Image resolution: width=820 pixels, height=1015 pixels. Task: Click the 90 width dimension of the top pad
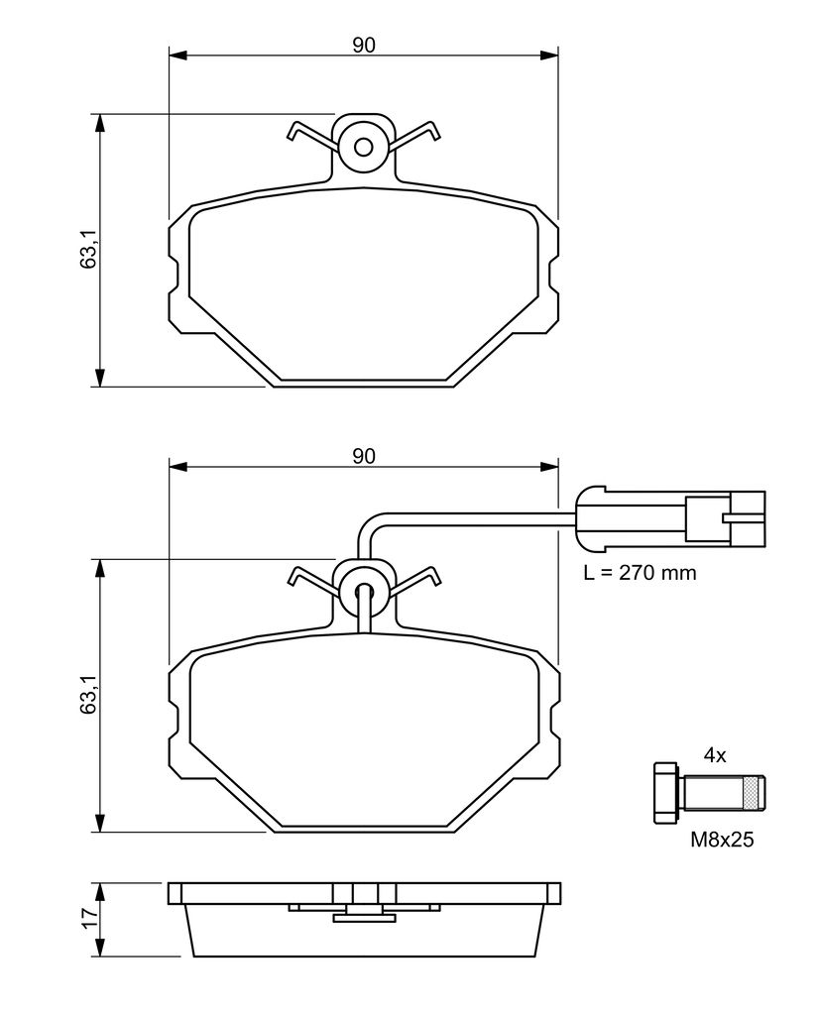click(x=363, y=46)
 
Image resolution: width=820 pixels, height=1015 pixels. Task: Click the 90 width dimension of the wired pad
click(x=363, y=456)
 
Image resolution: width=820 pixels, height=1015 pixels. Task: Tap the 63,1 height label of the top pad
click(x=88, y=249)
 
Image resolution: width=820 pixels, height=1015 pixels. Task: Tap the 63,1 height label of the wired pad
click(x=88, y=695)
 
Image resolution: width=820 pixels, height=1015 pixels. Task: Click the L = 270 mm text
click(x=640, y=572)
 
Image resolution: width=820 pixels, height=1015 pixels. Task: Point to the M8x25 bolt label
click(x=722, y=840)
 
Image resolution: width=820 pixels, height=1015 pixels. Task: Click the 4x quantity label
click(x=715, y=754)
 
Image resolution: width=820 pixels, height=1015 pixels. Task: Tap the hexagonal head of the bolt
click(x=667, y=793)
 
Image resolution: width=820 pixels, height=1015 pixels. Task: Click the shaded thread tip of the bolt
click(x=756, y=793)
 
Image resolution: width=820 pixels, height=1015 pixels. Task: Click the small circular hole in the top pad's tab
click(x=363, y=147)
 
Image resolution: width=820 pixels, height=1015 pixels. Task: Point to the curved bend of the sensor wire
click(x=368, y=523)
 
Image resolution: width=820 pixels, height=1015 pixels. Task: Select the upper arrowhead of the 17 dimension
click(x=99, y=891)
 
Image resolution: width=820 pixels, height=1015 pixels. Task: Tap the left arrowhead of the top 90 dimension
click(x=177, y=56)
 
